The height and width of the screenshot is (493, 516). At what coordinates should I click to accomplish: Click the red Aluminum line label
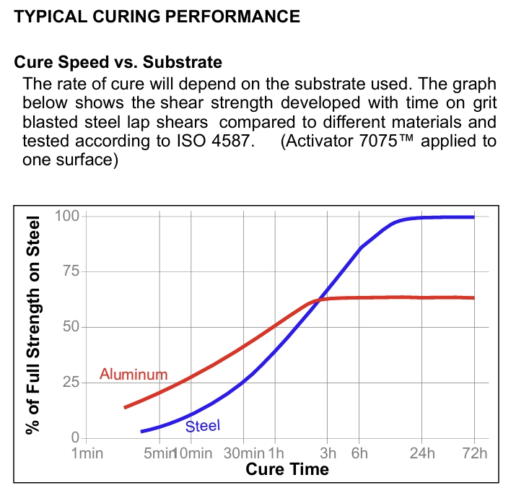coord(134,375)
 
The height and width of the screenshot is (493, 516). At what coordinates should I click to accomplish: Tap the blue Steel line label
coord(203,426)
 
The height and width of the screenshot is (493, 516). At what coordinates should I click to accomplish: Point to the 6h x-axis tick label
coord(359,453)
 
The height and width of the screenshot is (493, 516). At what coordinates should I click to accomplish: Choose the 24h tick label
coord(423,453)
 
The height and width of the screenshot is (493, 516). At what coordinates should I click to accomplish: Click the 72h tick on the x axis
coord(474,453)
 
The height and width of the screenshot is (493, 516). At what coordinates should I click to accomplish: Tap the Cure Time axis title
coord(287,470)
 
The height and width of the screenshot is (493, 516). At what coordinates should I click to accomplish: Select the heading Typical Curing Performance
coord(157,17)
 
